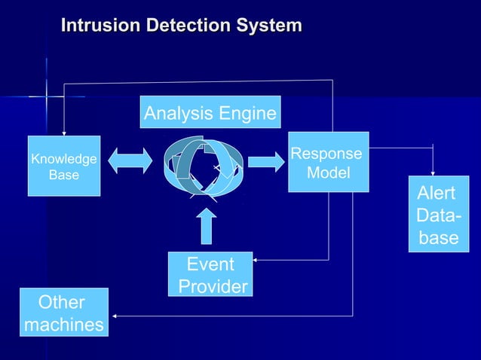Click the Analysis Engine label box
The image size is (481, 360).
coord(210,113)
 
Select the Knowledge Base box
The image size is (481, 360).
coord(63,166)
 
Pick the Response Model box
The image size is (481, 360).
coord(328,163)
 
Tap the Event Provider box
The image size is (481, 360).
coord(210,275)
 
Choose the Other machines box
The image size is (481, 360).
coord(63,313)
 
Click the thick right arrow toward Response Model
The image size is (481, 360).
coord(263,161)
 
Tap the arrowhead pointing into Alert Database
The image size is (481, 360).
coord(433,173)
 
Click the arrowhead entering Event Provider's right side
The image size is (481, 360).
coord(257,261)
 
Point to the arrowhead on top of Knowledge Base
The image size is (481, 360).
coord(64,133)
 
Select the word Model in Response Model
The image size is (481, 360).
coord(328,172)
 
